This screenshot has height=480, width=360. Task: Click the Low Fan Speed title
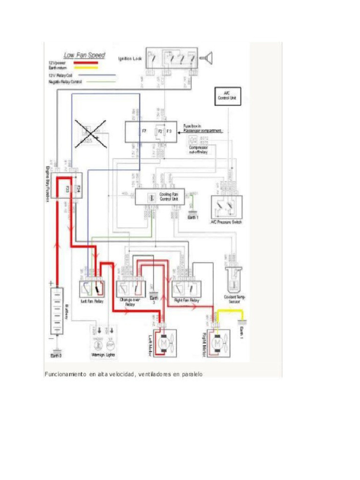click(x=84, y=55)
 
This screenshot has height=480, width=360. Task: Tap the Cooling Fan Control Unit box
click(x=160, y=197)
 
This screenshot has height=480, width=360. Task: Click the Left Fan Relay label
click(x=92, y=300)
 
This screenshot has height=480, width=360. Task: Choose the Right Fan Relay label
click(x=187, y=300)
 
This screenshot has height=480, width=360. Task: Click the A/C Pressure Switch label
click(x=226, y=222)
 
